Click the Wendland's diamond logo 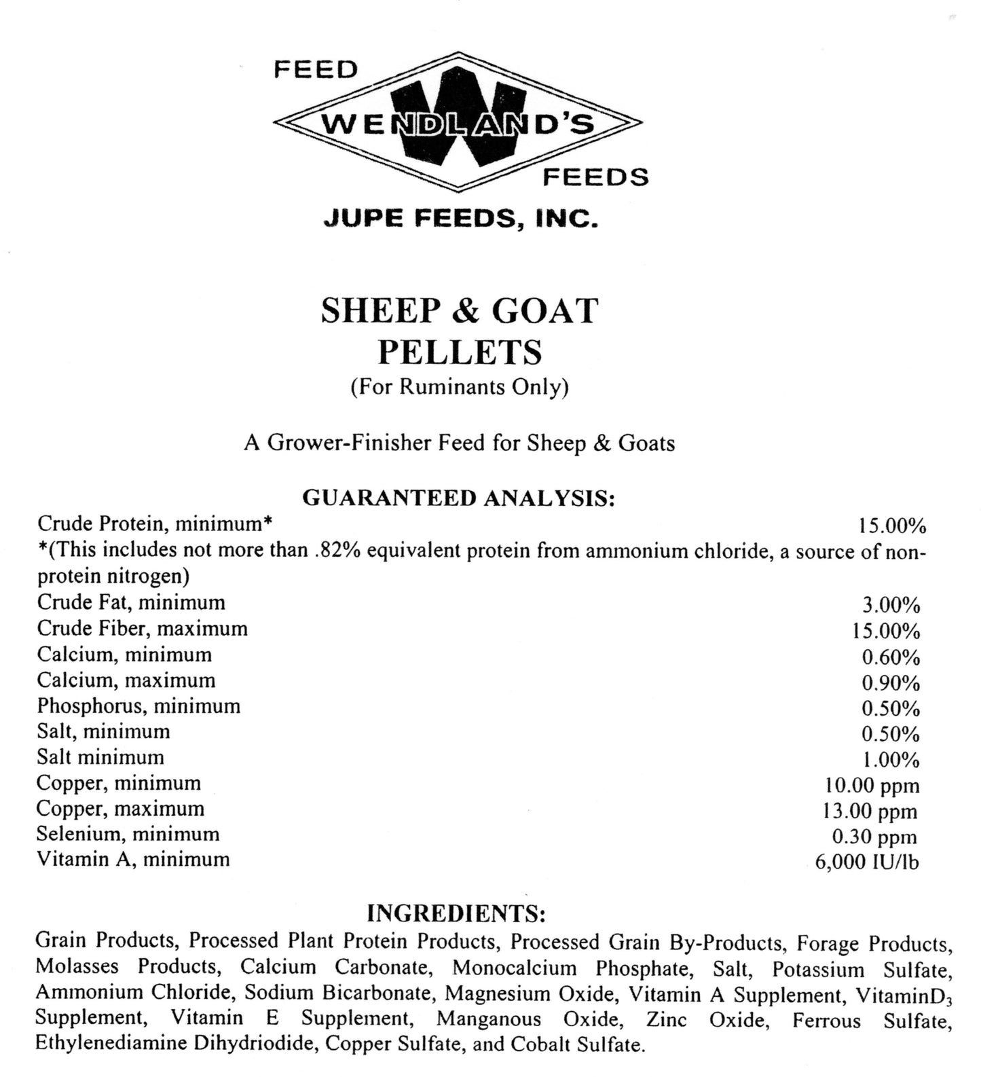458,123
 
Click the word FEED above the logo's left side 316,69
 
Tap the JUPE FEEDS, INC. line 461,219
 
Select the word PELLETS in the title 460,352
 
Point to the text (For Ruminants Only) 459,387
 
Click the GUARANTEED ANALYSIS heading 458,498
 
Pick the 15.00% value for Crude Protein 891,525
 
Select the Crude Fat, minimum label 131,602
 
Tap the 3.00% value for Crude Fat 896,604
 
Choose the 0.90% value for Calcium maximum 891,682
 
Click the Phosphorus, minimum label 138,706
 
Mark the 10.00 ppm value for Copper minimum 872,786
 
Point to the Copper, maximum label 120,809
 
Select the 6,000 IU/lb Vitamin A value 866,862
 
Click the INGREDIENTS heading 456,913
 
